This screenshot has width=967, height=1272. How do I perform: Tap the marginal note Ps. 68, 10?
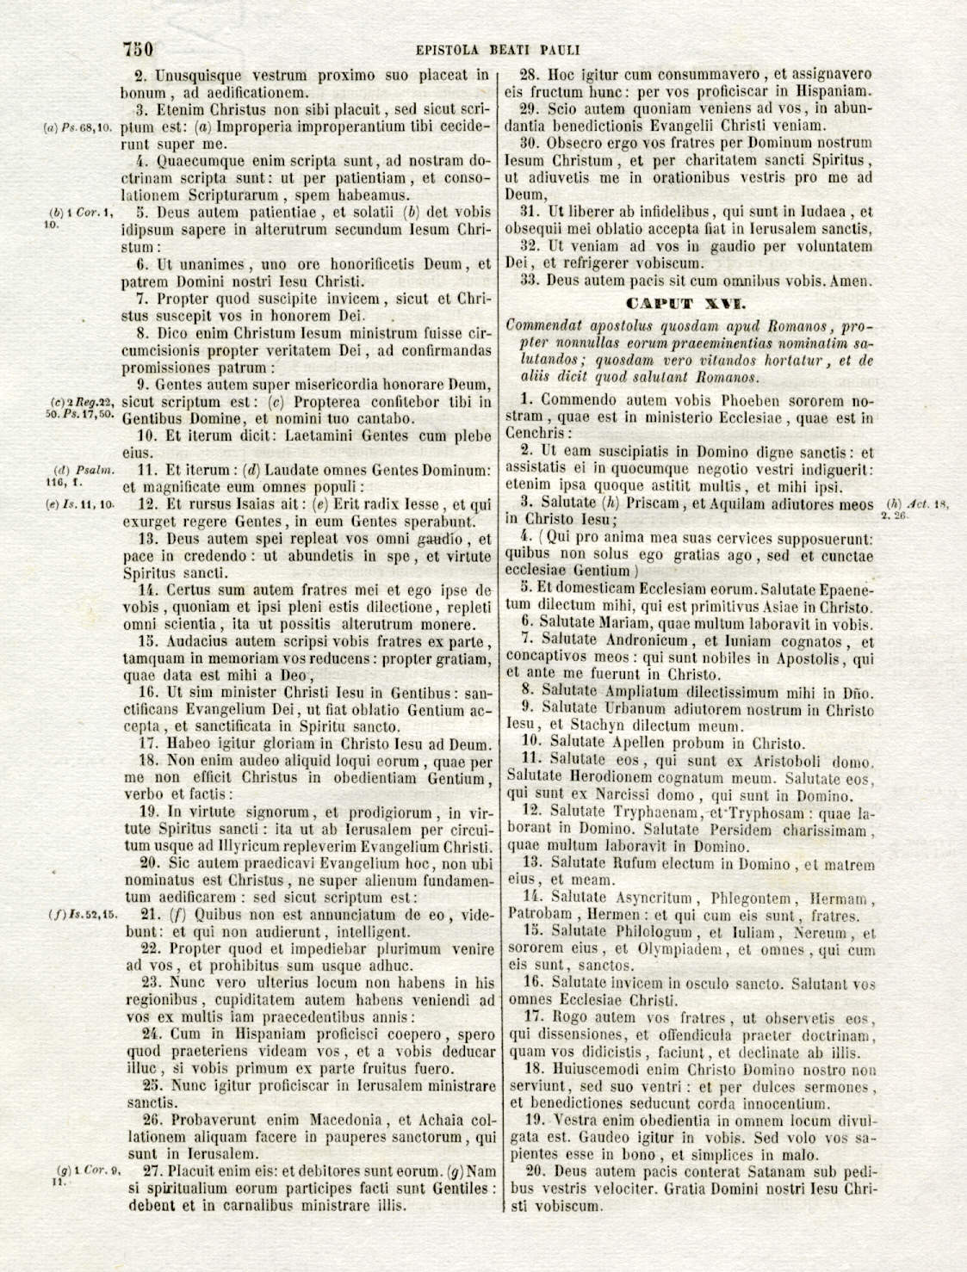tap(77, 128)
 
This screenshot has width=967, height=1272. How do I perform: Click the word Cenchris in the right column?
tap(537, 435)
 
